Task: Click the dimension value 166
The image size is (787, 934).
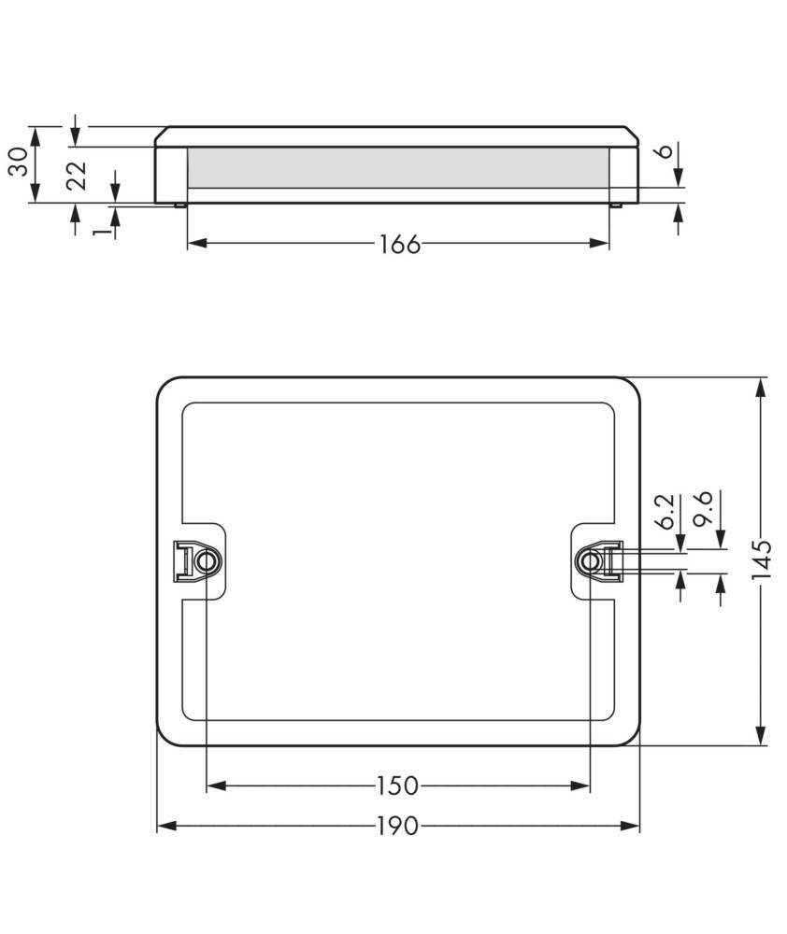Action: (x=399, y=244)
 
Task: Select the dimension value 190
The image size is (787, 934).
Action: (x=399, y=827)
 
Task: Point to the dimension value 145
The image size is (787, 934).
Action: (x=763, y=560)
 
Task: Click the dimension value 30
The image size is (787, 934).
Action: (x=18, y=162)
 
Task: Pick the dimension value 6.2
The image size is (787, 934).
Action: (x=664, y=512)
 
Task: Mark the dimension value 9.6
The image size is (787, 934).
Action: (x=705, y=510)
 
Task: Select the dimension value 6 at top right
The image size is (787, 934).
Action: (x=665, y=152)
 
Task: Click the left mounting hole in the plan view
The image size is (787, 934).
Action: (x=205, y=561)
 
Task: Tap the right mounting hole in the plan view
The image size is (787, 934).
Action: (x=589, y=560)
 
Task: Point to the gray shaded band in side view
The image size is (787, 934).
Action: (x=398, y=168)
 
